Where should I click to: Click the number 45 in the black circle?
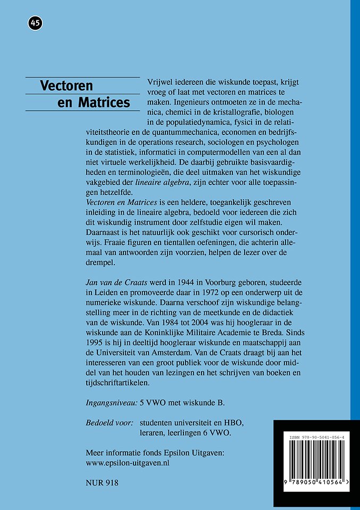pos(35,23)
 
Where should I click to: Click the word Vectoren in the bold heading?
pos(66,86)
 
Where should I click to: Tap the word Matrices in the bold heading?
pos(104,102)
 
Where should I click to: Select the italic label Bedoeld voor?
pos(109,423)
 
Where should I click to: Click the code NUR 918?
pos(102,483)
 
